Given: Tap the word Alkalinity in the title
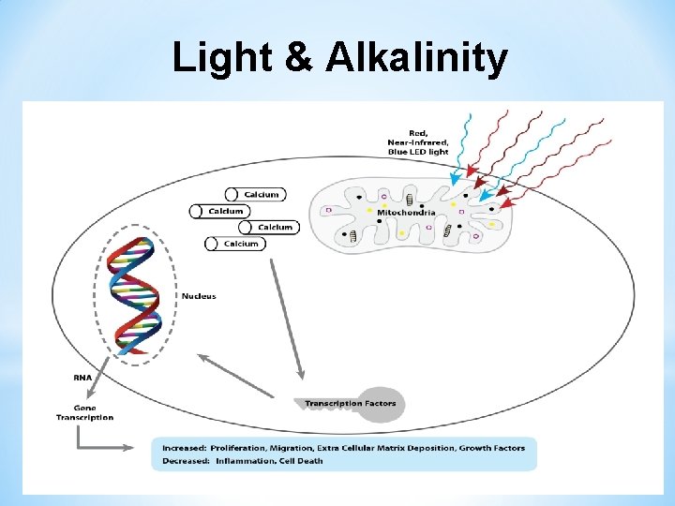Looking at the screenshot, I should point(416,58).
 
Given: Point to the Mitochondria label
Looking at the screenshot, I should point(405,213).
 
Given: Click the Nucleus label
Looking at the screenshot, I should point(199,296).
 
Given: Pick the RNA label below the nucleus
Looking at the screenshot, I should point(83,379).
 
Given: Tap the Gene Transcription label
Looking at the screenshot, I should point(93,412).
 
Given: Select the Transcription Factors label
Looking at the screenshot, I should point(350,403).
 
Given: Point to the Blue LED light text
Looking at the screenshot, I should point(418,152).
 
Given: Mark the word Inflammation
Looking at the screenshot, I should point(244,461).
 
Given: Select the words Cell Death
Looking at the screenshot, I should point(302,461).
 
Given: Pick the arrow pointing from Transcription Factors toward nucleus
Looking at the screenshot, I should point(234,375).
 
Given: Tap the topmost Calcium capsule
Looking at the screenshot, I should point(255,194).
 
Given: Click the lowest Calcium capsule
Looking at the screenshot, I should point(234,244).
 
